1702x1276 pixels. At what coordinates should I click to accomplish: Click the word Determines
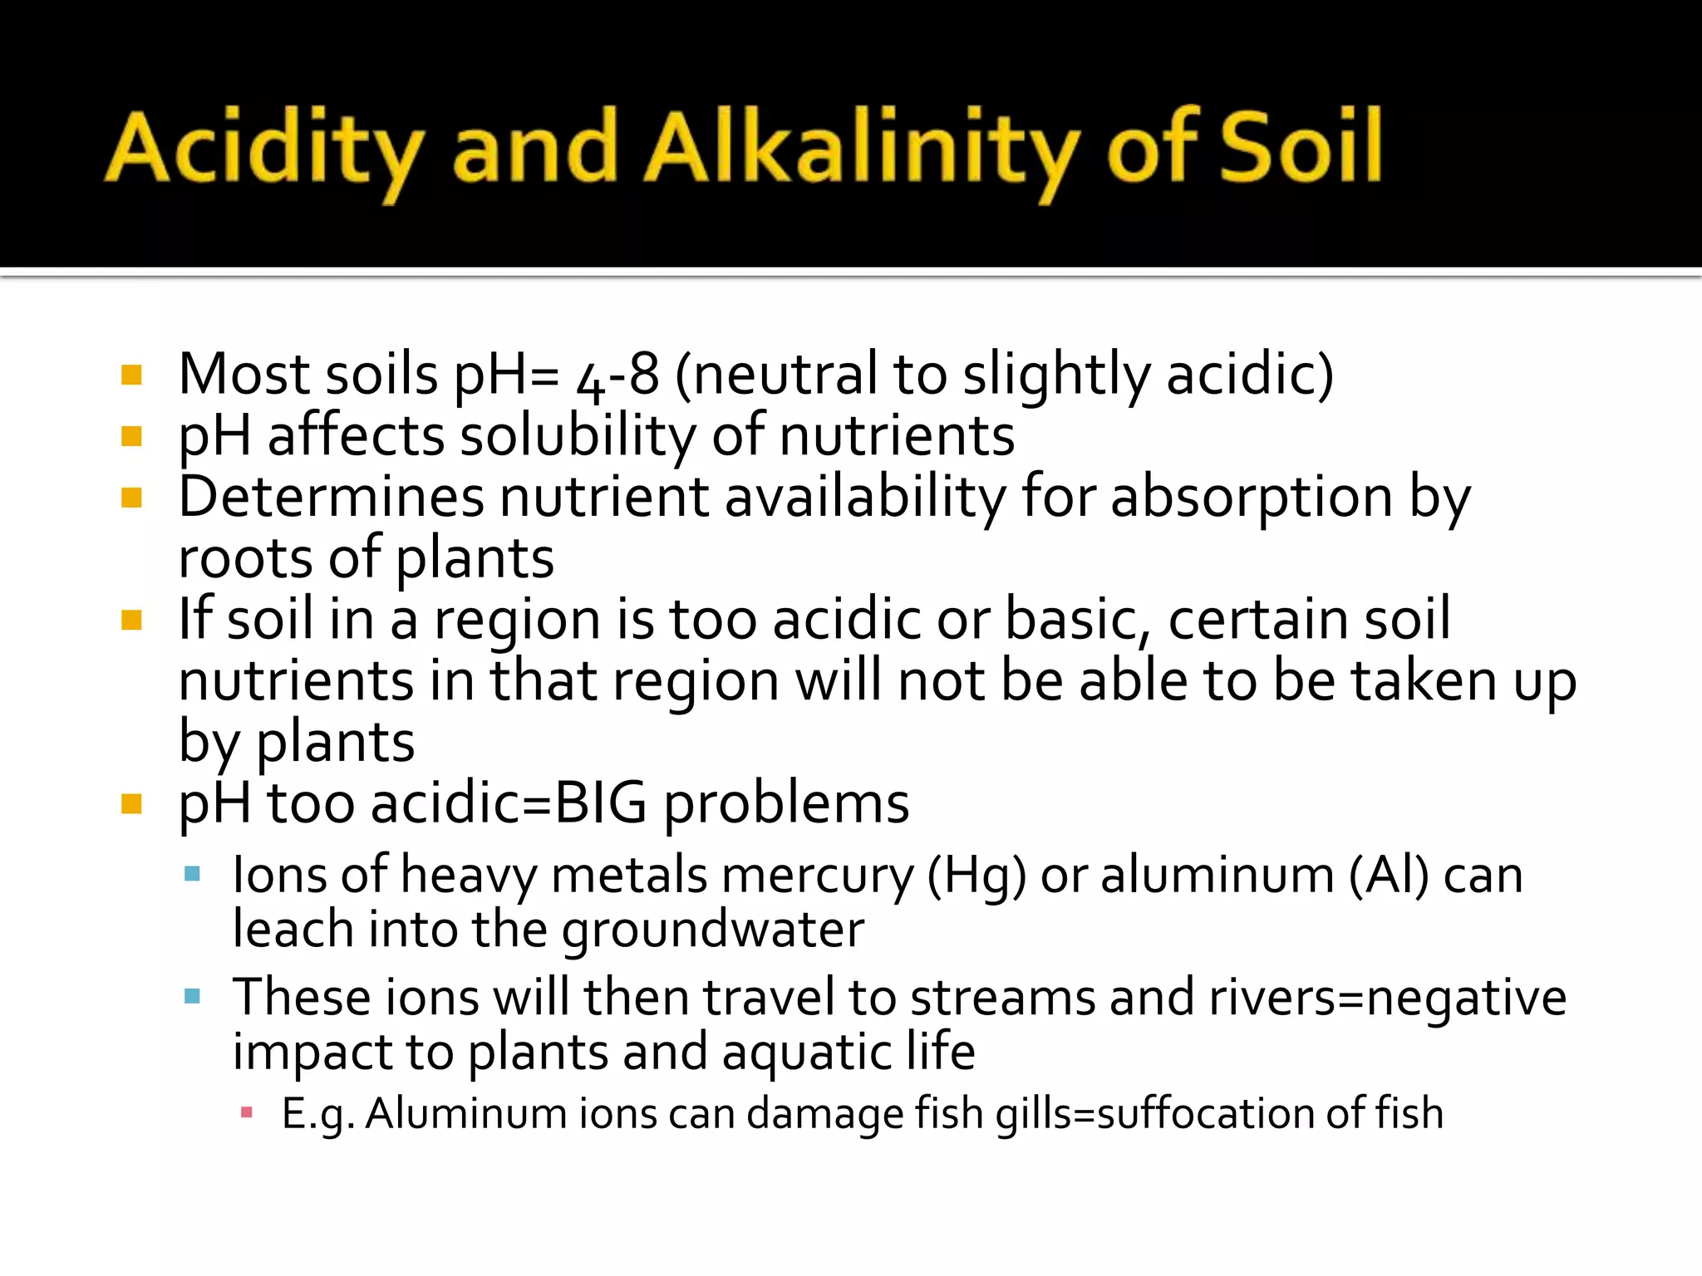331,497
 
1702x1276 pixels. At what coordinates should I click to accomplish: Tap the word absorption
1252,497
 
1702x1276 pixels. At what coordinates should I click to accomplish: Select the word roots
246,558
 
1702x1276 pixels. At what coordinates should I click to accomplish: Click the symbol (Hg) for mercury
976,876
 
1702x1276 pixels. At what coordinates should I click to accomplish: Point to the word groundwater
714,930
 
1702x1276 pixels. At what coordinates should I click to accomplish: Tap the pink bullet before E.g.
246,1112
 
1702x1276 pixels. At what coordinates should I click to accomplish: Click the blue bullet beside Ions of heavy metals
193,874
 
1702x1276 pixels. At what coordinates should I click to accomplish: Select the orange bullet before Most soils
131,375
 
